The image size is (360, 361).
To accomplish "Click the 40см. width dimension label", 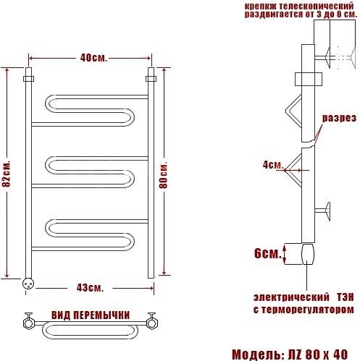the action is (x=93, y=58).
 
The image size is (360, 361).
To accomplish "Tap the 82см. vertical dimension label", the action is (x=7, y=173).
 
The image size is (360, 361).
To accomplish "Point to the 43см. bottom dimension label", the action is (x=90, y=288).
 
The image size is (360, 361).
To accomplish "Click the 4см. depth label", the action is (x=273, y=165).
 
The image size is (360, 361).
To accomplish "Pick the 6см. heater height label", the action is (x=268, y=253).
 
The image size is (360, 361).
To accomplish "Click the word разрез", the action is (x=339, y=118).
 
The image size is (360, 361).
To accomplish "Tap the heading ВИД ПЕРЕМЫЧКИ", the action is (x=91, y=315).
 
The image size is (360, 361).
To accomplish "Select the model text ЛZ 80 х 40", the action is (x=318, y=354).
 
